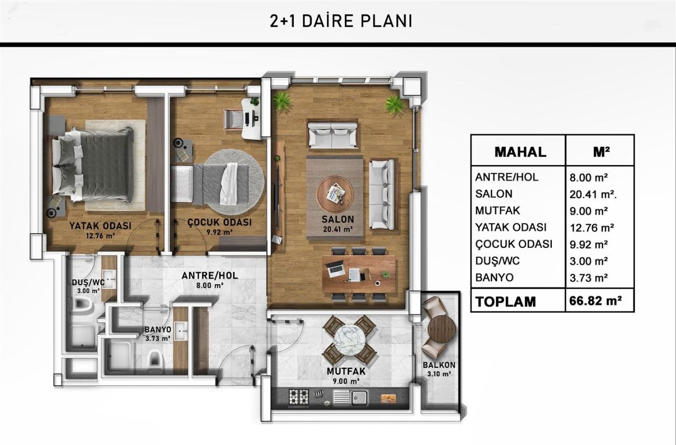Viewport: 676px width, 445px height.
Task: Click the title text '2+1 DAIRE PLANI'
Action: click(340, 21)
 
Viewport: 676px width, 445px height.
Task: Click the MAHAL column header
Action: click(520, 152)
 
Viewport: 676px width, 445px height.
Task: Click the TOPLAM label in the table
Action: click(505, 301)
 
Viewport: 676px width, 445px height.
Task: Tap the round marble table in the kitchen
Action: click(349, 340)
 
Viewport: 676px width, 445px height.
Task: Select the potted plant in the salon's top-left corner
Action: click(282, 101)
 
